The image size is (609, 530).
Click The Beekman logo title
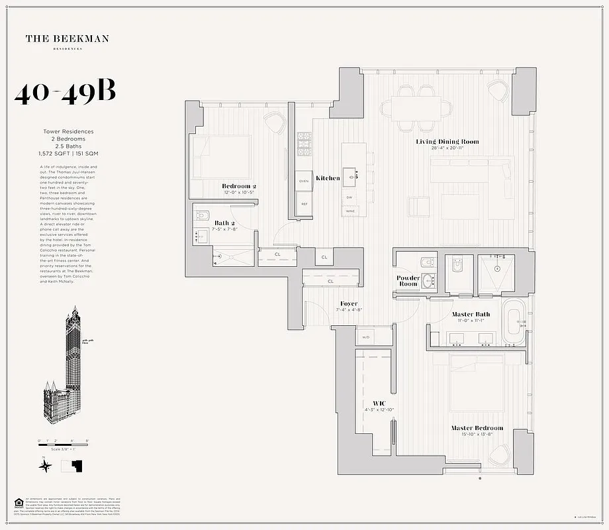[67, 39]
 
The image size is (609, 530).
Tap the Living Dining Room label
[447, 142]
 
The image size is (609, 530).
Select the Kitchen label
[328, 178]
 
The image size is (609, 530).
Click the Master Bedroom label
[477, 428]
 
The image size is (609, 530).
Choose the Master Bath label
[471, 314]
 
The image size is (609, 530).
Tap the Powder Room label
[408, 281]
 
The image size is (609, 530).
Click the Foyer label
[349, 303]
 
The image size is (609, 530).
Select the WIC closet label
[379, 403]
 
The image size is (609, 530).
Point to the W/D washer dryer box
[365, 337]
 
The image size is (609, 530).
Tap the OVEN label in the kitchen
[304, 181]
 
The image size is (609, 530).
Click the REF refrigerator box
[304, 205]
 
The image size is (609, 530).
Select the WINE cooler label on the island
[349, 211]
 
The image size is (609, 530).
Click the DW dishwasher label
[349, 197]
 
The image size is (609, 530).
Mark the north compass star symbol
[45, 466]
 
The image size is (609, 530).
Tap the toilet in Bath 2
[204, 217]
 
